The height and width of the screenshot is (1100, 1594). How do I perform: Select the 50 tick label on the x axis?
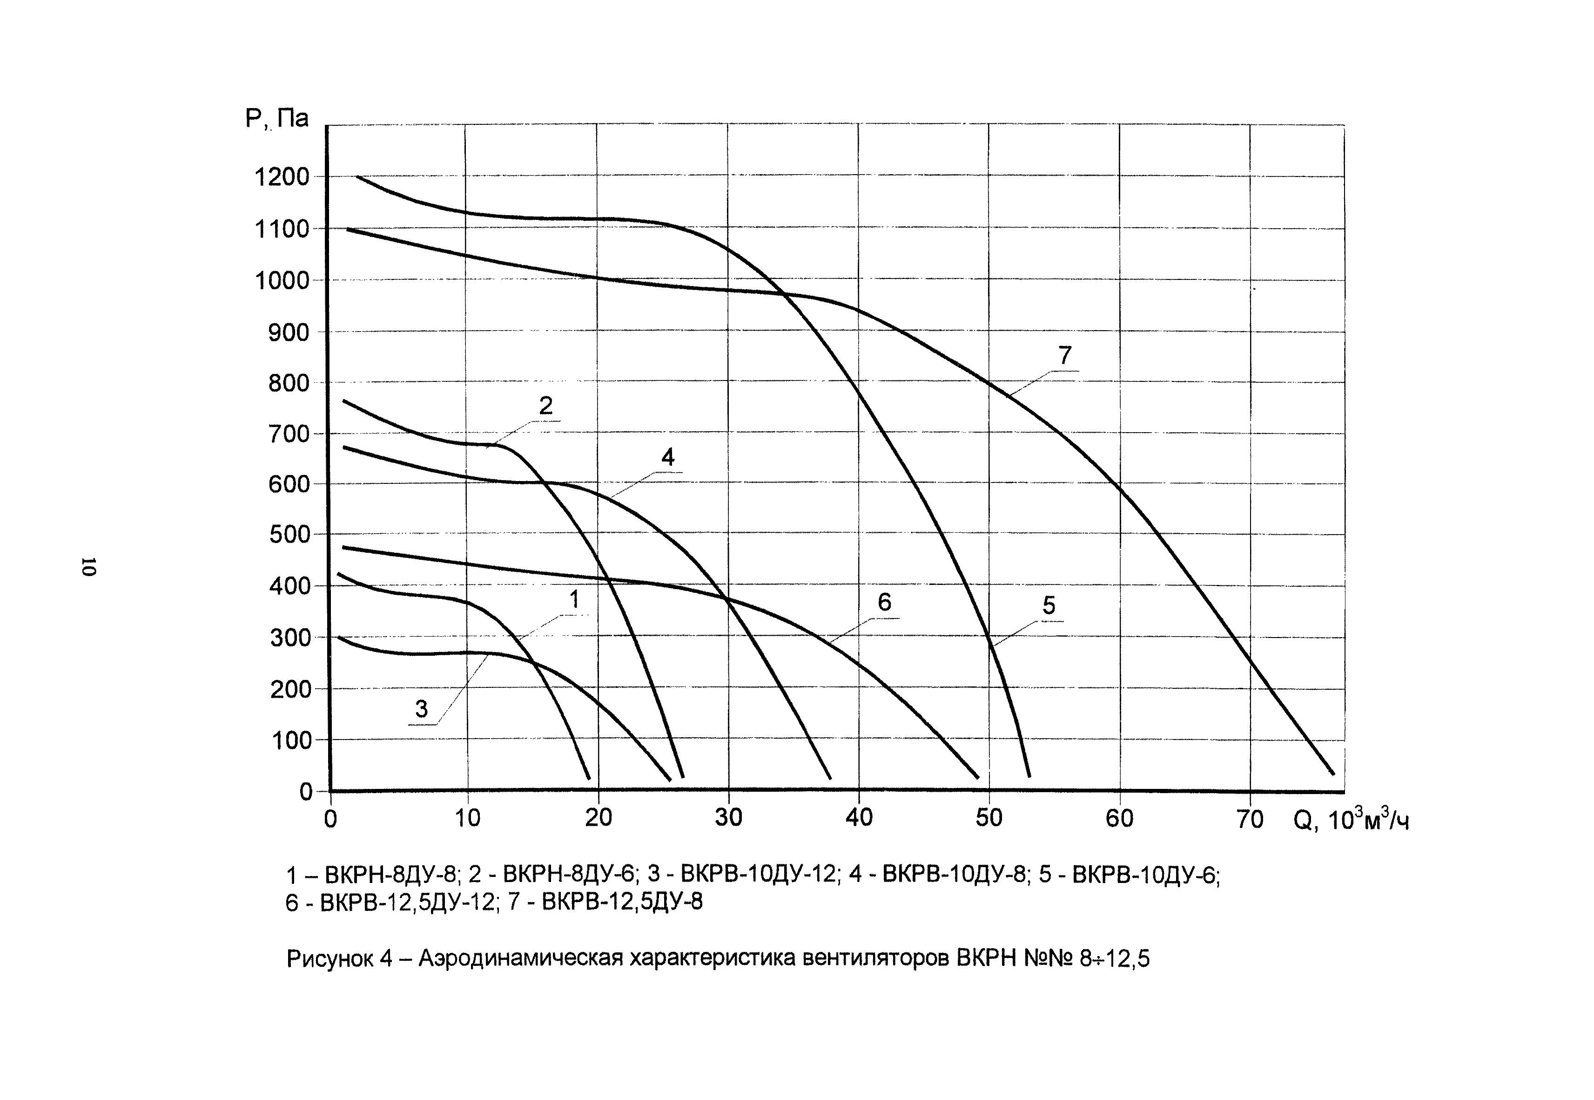[989, 818]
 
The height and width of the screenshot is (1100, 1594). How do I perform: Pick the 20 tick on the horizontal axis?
[598, 818]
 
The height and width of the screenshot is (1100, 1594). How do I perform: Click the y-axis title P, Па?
[277, 119]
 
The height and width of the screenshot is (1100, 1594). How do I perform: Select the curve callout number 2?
[545, 406]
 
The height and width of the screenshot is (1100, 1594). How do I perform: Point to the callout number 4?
[667, 457]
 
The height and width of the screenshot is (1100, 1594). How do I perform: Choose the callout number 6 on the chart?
[884, 602]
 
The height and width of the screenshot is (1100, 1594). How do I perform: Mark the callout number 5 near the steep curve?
[1049, 606]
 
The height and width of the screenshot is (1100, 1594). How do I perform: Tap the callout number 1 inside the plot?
[574, 600]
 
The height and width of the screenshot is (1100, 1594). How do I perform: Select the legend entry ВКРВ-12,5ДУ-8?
[622, 902]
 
